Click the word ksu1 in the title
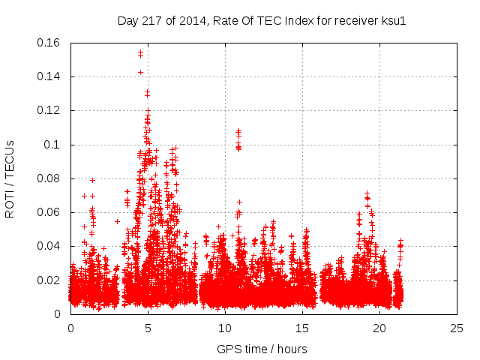coord(392,20)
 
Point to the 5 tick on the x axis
coord(148,328)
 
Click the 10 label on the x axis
coord(225,328)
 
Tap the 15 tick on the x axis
coord(302,328)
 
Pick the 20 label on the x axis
coord(379,328)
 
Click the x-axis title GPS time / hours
coord(262,349)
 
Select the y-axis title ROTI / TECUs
coord(10,178)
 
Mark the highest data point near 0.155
coord(140,52)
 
